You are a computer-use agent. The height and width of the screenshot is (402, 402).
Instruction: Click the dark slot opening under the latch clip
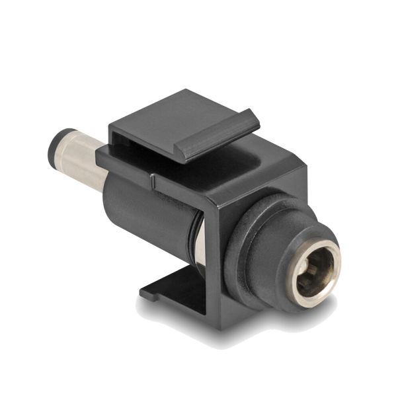pyautogui.click(x=142, y=141)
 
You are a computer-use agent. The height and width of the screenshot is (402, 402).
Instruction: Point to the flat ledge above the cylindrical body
pyautogui.click(x=126, y=159)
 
